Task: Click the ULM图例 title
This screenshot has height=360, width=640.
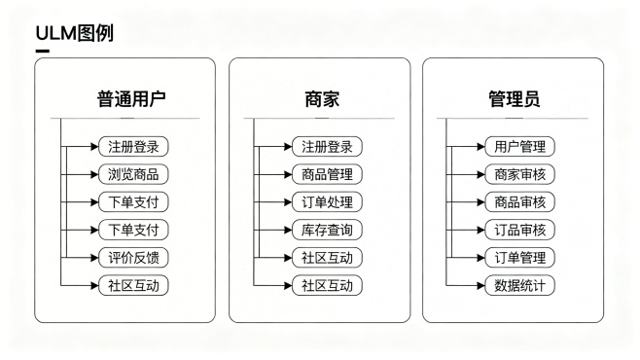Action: tap(74, 34)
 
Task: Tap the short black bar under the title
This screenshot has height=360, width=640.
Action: tap(42, 52)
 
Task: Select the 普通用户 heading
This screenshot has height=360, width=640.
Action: tap(130, 99)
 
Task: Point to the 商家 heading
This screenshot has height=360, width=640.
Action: tap(321, 99)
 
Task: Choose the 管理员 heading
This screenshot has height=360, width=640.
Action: tap(515, 99)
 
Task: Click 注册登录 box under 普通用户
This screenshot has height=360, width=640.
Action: tap(133, 147)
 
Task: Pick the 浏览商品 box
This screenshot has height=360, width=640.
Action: tap(133, 175)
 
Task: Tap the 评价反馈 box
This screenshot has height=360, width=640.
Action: tap(133, 258)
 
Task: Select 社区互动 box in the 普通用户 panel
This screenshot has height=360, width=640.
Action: tap(133, 286)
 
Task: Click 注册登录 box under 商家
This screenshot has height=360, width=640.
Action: tap(326, 147)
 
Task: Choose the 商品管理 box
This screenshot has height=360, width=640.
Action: tap(326, 175)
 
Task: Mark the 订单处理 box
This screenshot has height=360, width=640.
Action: tap(326, 202)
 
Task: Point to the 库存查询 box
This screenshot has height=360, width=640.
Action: tap(326, 231)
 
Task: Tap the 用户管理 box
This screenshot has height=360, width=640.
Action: tap(519, 147)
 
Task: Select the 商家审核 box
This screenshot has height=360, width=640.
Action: tap(519, 175)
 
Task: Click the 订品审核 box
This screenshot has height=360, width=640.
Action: tap(519, 231)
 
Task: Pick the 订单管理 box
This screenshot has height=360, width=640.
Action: tap(519, 258)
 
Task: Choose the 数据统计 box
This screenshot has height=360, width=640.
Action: tap(519, 286)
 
